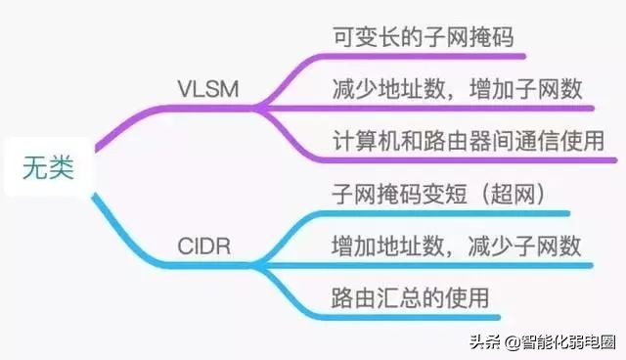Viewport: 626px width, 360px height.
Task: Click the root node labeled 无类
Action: (48, 167)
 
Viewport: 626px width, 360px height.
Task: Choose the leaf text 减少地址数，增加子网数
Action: (457, 90)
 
